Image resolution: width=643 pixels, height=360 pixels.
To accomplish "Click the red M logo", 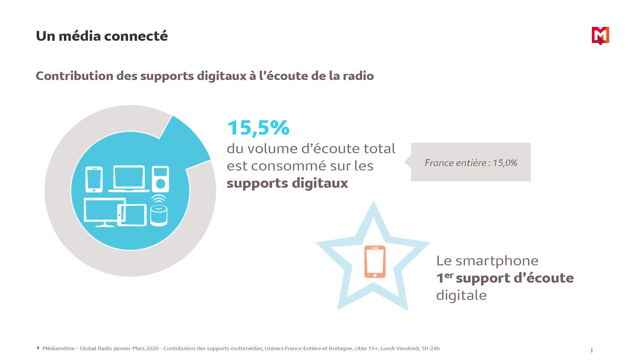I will (x=600, y=35).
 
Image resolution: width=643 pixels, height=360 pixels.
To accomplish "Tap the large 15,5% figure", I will (x=258, y=128).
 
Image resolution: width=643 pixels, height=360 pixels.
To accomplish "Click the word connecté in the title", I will (x=136, y=36).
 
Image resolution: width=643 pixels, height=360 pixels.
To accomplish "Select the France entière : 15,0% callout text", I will (x=471, y=163).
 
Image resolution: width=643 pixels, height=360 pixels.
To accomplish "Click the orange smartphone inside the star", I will (x=375, y=262).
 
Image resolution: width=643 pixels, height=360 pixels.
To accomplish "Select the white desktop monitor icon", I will (x=101, y=211).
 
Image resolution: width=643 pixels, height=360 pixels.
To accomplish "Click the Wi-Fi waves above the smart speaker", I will (x=159, y=198).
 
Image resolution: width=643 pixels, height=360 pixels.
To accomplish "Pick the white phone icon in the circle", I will (x=94, y=179).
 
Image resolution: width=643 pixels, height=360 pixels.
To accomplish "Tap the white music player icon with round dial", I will (x=160, y=179).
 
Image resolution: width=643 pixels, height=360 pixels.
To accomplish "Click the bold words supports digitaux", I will (x=287, y=183).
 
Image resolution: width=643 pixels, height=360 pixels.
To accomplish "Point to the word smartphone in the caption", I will (x=497, y=261).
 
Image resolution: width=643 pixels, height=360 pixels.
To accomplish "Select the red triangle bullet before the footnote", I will (x=38, y=348).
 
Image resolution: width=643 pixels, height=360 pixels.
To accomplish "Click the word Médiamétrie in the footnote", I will (x=58, y=348).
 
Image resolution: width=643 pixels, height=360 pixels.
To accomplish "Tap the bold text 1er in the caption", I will (x=444, y=278).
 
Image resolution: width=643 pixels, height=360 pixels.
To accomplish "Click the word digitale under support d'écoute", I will (x=461, y=295).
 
